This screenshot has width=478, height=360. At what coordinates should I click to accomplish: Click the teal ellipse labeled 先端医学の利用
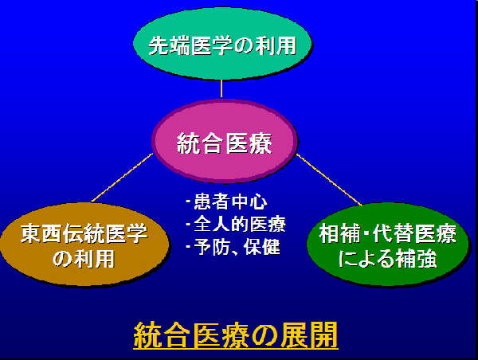(222, 43)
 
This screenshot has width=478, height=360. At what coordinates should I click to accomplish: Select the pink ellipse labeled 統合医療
(225, 142)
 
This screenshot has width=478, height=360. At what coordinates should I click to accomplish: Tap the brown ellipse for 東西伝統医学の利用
(84, 245)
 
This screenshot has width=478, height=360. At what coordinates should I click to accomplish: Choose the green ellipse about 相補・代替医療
(387, 245)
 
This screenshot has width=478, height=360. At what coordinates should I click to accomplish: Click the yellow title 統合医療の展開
(236, 335)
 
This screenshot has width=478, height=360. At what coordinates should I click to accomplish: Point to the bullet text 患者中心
(230, 202)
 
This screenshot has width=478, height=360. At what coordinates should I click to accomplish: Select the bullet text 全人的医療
(240, 224)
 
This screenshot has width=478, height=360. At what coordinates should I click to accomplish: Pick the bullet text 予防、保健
(237, 247)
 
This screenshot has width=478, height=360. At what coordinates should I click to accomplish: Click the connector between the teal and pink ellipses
(221, 88)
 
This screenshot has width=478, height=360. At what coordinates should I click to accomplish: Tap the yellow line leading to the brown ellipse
(122, 177)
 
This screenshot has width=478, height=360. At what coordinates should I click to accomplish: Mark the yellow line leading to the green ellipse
(329, 179)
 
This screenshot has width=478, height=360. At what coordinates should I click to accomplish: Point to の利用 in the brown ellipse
(84, 259)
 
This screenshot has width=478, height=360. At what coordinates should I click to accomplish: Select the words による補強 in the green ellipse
(387, 259)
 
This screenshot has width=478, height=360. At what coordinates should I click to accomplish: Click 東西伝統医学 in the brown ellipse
(84, 233)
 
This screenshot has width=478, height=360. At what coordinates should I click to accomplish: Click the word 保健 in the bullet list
(262, 247)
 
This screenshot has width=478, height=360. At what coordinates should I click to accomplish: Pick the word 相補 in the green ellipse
(339, 233)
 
